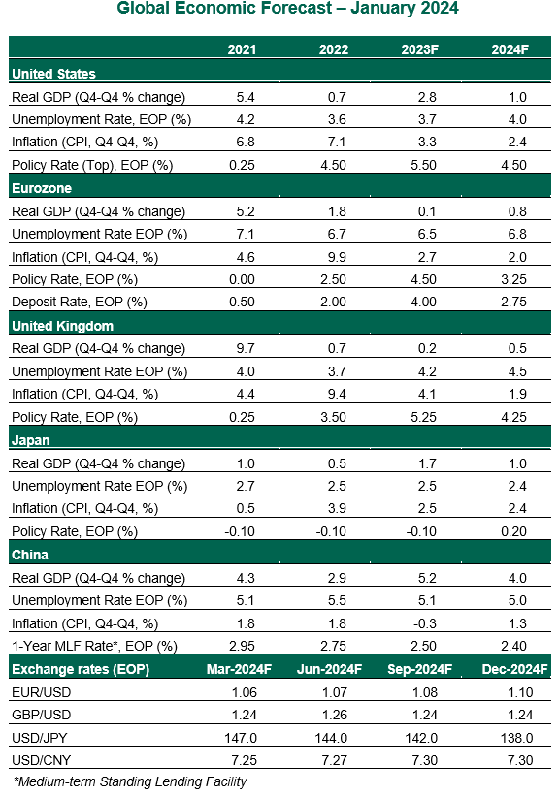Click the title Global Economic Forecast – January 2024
[x=287, y=8]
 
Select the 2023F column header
[x=419, y=49]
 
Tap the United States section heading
[x=53, y=74]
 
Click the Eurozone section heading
[x=42, y=188]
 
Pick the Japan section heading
[x=30, y=440]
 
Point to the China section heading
[x=29, y=555]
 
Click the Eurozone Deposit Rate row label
[x=80, y=302]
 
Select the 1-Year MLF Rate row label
[x=94, y=646]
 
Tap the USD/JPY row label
[x=39, y=738]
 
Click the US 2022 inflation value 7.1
[x=337, y=142]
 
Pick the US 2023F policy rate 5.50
[x=423, y=165]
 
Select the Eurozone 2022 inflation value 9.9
[x=337, y=257]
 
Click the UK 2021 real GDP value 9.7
[x=246, y=348]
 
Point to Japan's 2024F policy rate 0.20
[x=513, y=531]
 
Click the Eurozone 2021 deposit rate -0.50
[x=240, y=302]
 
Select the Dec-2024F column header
[x=514, y=669]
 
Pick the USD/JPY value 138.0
[x=516, y=738]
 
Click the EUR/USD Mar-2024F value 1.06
[x=245, y=692]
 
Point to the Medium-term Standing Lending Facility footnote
[x=130, y=781]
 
